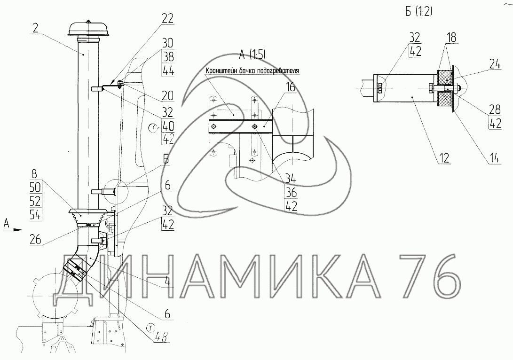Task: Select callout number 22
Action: click(167, 18)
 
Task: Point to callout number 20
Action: click(167, 95)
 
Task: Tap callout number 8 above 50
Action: click(35, 173)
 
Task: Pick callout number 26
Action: click(35, 240)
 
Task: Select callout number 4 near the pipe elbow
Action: click(167, 281)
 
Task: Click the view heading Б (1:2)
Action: click(418, 12)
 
